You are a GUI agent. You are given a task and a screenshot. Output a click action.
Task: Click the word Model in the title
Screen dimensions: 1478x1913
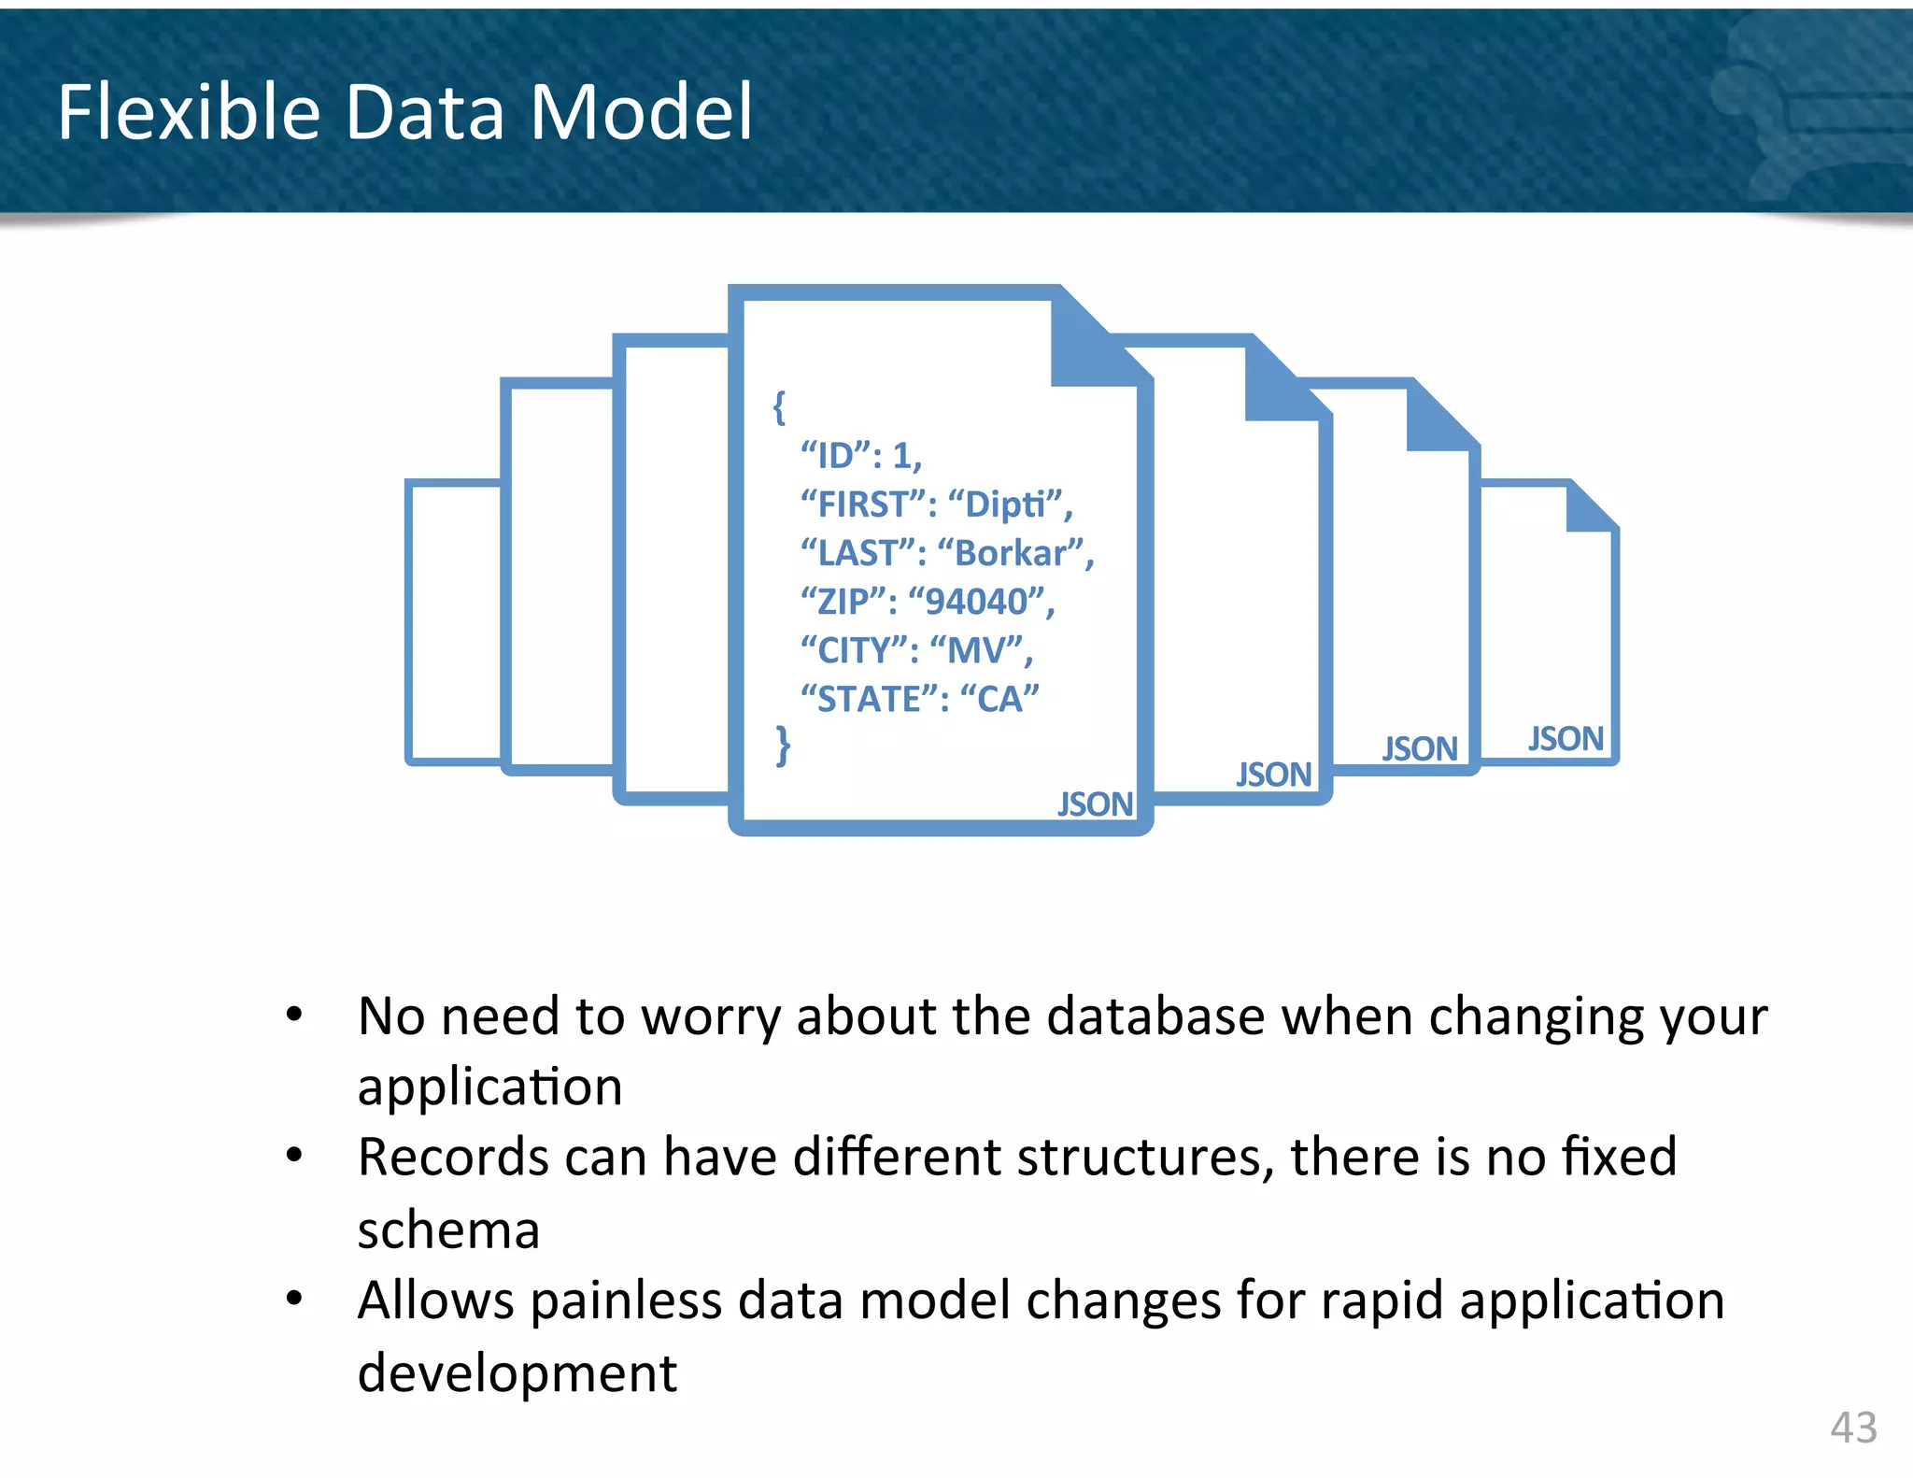click(x=641, y=112)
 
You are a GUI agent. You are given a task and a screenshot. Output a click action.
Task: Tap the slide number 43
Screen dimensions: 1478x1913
click(x=1853, y=1427)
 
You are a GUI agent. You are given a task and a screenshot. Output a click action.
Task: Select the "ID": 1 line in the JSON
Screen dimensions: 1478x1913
click(x=860, y=456)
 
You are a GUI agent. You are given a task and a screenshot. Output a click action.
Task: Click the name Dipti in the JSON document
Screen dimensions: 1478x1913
click(x=1005, y=505)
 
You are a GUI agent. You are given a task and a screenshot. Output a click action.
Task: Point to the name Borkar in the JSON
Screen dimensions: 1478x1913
click(x=1011, y=553)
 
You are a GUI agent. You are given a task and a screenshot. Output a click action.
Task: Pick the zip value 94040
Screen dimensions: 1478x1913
click(x=977, y=602)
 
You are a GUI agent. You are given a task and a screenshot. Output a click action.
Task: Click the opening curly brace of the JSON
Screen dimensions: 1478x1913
click(x=779, y=406)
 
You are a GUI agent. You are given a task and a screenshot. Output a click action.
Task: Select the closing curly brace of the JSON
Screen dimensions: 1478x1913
click(x=783, y=746)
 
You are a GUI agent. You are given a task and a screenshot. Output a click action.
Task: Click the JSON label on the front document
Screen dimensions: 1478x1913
click(x=1095, y=803)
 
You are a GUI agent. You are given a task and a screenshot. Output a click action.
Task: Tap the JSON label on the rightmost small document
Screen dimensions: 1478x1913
click(x=1566, y=738)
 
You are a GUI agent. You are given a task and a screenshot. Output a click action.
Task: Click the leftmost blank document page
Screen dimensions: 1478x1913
click(x=453, y=621)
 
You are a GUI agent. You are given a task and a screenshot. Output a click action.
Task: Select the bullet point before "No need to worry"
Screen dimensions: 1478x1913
click(x=294, y=1014)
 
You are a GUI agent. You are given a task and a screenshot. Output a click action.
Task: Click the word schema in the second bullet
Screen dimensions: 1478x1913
click(x=448, y=1229)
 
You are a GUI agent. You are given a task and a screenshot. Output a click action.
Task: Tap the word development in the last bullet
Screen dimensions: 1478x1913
click(x=517, y=1372)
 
